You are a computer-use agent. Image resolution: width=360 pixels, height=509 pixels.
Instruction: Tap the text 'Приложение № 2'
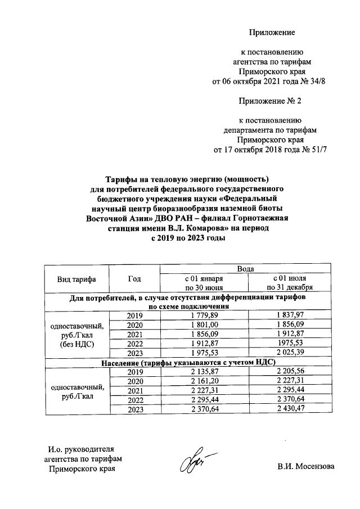pyautogui.click(x=271, y=101)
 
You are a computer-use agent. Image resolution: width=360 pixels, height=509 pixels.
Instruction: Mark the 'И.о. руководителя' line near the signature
pyautogui.click(x=81, y=449)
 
